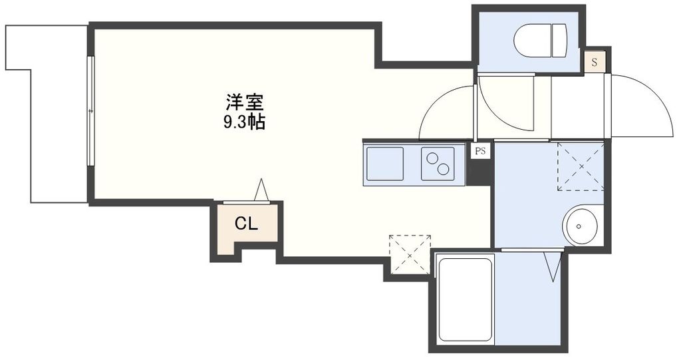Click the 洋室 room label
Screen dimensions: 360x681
(245, 103)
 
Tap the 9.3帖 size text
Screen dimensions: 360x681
(244, 122)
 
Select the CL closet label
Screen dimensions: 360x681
(245, 224)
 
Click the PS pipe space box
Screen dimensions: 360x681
(480, 151)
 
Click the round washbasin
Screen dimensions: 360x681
(581, 225)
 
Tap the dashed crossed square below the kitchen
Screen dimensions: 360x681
(410, 254)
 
